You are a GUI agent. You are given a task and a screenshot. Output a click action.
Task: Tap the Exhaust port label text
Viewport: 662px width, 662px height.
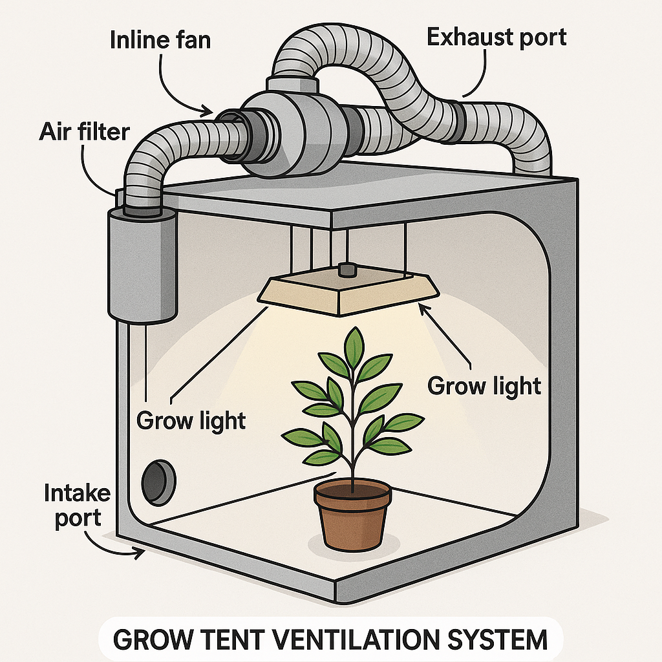496,37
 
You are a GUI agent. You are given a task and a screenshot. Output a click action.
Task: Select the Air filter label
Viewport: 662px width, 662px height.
84,132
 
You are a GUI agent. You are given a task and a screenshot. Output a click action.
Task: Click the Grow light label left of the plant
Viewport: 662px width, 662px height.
191,421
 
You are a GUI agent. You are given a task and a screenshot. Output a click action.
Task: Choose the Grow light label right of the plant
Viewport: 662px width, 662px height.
484,386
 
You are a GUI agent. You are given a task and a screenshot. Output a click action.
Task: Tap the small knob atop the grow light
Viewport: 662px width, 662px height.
348,268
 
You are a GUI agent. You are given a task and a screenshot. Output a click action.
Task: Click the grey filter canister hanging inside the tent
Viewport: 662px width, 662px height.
142,265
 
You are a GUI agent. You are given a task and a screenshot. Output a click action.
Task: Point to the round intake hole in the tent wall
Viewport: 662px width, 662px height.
158,482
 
